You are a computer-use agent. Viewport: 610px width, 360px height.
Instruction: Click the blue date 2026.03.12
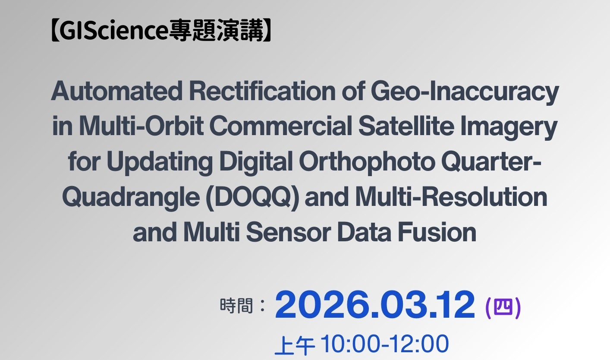tap(374, 305)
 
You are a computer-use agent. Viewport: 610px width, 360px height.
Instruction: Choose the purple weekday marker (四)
tap(503, 308)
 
